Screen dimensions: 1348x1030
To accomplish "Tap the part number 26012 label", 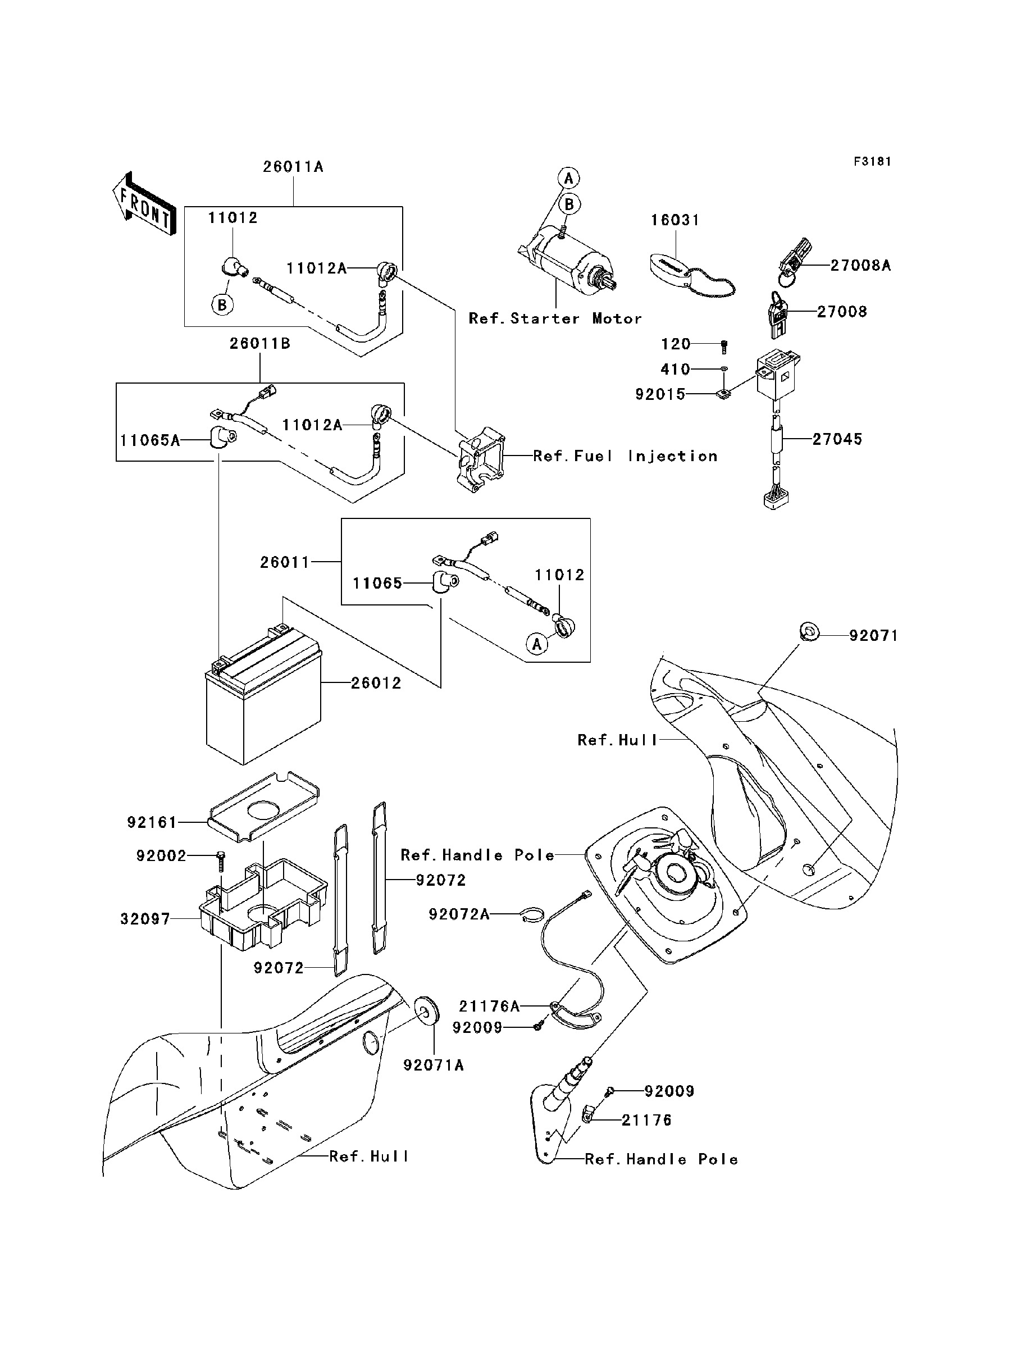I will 376,683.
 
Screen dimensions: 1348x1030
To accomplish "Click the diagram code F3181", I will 872,162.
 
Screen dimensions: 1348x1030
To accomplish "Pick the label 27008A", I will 860,266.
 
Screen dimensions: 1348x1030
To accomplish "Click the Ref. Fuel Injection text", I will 625,456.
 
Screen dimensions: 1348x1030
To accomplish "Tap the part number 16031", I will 675,220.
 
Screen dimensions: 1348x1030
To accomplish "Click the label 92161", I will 152,823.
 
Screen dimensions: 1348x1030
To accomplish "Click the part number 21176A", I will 489,1007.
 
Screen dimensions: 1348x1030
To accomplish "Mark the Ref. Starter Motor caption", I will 555,319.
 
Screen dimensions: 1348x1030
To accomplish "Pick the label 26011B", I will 260,344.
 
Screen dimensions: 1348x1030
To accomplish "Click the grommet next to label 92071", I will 808,630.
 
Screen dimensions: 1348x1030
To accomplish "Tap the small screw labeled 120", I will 724,347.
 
